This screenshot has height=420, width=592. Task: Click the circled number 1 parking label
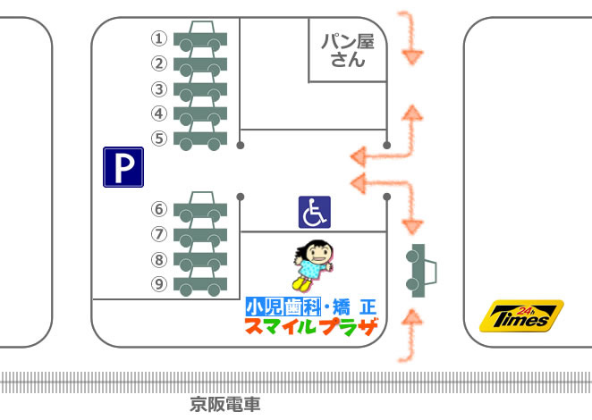(x=158, y=38)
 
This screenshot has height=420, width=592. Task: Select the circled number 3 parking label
(x=158, y=88)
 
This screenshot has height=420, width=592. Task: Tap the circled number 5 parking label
(x=158, y=139)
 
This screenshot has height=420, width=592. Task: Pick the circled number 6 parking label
(x=158, y=209)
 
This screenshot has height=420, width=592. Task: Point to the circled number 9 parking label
(x=158, y=284)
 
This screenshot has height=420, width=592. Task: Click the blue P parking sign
(x=123, y=167)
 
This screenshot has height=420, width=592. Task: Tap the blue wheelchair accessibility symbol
(x=314, y=212)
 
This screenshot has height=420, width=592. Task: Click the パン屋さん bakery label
(x=348, y=50)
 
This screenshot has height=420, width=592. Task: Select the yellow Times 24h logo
(x=521, y=316)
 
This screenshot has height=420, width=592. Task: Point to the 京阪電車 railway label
(x=226, y=405)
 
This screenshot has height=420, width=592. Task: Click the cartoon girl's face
(x=316, y=252)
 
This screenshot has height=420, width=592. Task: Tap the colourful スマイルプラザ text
(x=311, y=327)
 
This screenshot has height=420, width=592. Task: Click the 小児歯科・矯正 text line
(x=311, y=306)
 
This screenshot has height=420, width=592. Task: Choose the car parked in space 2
(x=200, y=63)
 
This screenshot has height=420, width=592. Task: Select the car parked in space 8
(x=200, y=259)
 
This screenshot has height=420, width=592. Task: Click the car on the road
(x=421, y=271)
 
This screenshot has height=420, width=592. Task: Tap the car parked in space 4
(x=200, y=113)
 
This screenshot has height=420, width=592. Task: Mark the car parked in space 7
(x=200, y=234)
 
